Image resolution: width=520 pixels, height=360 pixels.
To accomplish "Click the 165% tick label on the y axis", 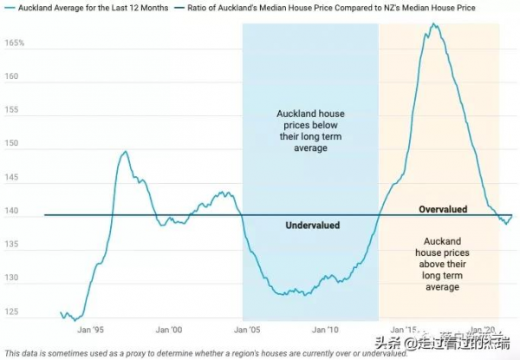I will coord(14,43).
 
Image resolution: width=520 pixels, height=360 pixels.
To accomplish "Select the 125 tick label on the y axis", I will coord(11,311).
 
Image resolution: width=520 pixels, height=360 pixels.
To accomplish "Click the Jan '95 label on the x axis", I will coord(91,330).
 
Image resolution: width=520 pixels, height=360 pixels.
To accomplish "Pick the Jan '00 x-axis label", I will coord(169,330).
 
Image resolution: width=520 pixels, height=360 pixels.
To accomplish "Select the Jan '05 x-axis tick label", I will coord(247,330).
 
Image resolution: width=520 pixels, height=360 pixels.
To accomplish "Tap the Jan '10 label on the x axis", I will coord(326,330).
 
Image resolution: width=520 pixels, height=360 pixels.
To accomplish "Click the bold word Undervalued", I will coord(312,226).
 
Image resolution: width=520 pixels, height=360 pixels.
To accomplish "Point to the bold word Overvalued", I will coord(443,210).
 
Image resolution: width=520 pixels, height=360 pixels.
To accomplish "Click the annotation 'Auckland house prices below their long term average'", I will coord(309,131).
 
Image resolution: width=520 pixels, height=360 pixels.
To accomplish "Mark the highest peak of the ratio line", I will coord(433,23).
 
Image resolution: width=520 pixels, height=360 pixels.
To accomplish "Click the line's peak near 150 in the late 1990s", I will coord(126,152).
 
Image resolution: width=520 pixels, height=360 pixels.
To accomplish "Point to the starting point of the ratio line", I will coord(61,312).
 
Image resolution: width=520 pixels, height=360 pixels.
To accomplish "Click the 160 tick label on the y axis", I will coord(11,75).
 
